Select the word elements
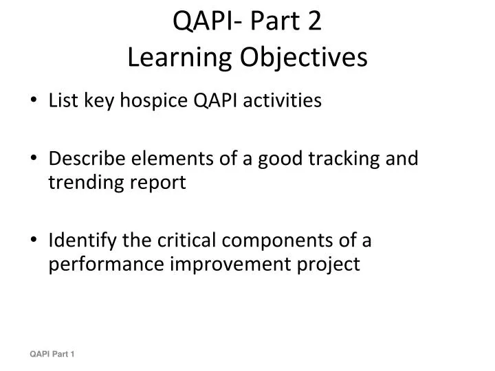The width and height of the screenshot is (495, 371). pos(170,159)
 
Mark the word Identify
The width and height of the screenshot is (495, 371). pos(82,240)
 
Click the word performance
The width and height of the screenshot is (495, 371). pos(99,265)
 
